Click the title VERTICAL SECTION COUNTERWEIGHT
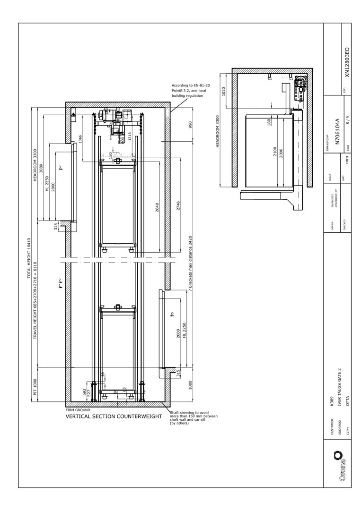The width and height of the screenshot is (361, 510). click(x=114, y=416)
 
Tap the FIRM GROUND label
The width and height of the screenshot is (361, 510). click(x=78, y=410)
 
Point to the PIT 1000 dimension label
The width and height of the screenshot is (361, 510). click(x=35, y=386)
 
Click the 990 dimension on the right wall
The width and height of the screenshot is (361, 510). click(x=190, y=125)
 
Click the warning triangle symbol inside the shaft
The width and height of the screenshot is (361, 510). click(x=74, y=115)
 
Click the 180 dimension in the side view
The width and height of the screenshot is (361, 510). click(x=269, y=122)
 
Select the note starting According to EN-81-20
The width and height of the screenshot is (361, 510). click(x=191, y=90)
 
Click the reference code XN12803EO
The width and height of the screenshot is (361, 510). click(x=347, y=62)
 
